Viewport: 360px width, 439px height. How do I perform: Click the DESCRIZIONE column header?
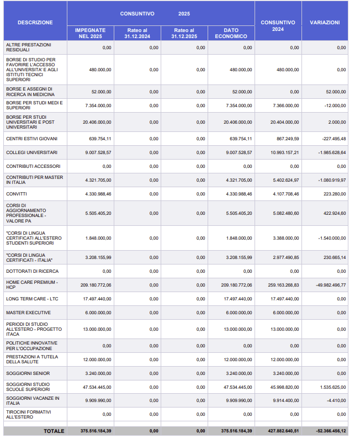pos(35,23)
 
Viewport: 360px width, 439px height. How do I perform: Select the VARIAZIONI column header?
pos(325,23)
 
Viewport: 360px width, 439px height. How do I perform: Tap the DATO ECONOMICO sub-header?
pos(231,33)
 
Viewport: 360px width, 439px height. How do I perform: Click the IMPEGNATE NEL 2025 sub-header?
pos(90,33)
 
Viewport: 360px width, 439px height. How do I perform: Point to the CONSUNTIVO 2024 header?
pos(278,26)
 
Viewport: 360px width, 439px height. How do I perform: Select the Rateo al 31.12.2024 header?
pos(137,33)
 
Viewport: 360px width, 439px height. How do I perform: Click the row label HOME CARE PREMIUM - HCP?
pos(32,285)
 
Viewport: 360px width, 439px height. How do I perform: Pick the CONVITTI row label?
pos(17,194)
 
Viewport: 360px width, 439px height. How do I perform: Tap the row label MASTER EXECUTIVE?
pos(29,313)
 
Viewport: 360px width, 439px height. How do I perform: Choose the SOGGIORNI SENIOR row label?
pos(28,373)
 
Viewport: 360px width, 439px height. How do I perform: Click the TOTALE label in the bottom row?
pos(54,431)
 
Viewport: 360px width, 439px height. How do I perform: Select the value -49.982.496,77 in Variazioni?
pos(331,285)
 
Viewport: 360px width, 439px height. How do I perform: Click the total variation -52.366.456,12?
pos(331,431)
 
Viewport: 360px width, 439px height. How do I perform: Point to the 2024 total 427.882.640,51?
pos(283,431)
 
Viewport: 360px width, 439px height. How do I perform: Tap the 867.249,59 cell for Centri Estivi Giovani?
pos(288,139)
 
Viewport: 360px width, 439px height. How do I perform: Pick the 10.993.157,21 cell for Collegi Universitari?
pos(285,152)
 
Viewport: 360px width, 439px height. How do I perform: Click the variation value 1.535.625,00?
pos(333,387)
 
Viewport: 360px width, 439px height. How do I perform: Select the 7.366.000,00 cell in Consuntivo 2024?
pos(286,105)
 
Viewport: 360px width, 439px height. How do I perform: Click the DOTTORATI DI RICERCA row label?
pos(33,271)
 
